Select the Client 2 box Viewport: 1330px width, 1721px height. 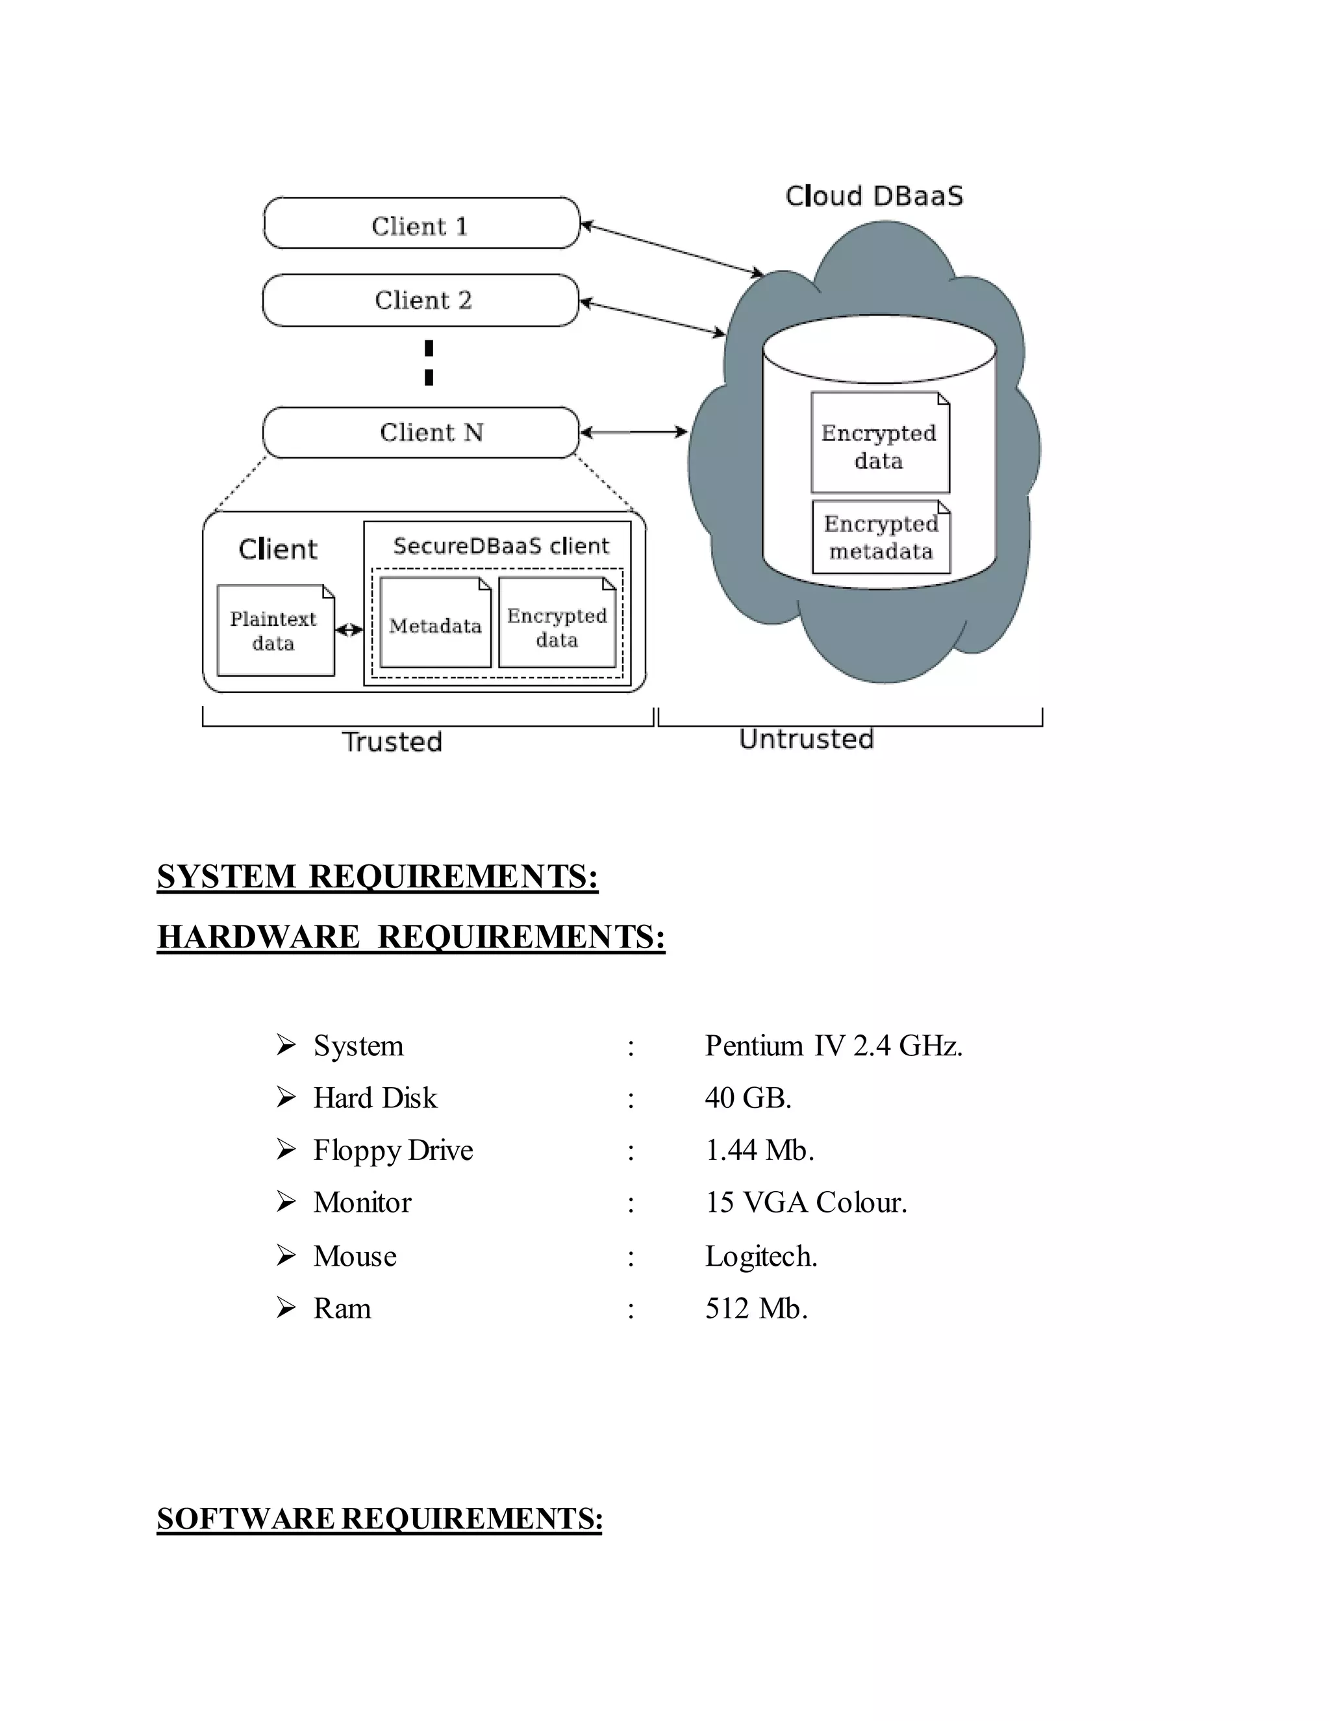pos(421,300)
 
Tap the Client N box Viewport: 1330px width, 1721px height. pos(421,433)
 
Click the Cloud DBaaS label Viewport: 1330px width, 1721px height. pos(874,196)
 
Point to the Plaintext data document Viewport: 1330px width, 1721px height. pos(275,631)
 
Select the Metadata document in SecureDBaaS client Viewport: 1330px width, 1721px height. pos(435,623)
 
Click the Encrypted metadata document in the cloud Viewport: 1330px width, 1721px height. pos(881,538)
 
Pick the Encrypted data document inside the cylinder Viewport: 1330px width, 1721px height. pos(880,444)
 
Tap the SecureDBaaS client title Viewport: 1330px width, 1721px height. pos(501,546)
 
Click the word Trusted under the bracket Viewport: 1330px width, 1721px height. pos(392,742)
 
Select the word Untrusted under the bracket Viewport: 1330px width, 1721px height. pos(806,739)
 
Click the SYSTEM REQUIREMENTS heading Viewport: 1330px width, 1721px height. pos(377,877)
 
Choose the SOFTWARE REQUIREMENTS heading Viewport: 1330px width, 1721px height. pos(380,1534)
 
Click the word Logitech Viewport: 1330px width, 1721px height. pos(761,1256)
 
